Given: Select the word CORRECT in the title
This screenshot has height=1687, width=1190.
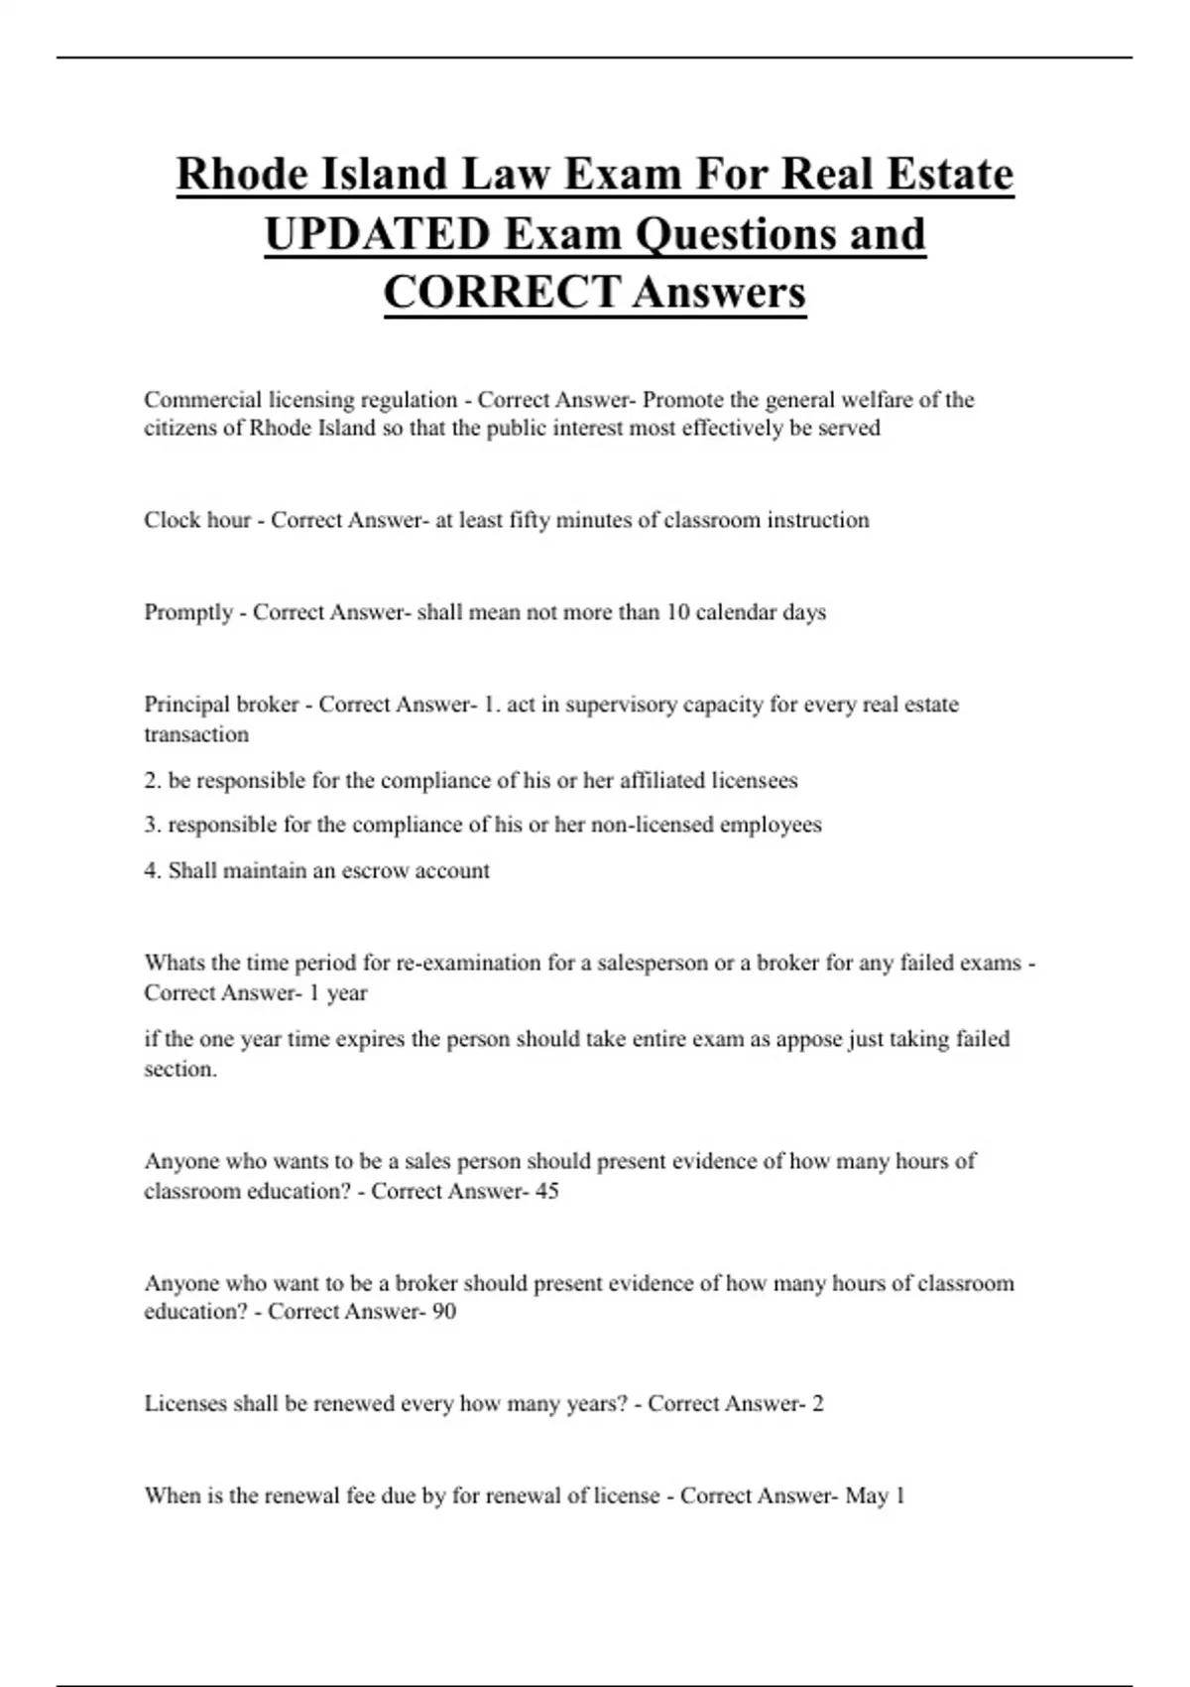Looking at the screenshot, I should (x=502, y=292).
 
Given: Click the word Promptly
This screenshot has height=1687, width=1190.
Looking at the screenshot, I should (x=189, y=612).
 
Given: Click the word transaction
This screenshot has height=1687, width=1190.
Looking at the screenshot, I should (x=196, y=734).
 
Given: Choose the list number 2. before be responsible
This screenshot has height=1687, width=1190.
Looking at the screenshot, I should (x=153, y=781).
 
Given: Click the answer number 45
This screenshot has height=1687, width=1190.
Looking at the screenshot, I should (x=547, y=1191).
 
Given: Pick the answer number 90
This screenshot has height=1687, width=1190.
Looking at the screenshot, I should (x=444, y=1311).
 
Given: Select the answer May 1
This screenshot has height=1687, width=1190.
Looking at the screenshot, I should (x=875, y=1495).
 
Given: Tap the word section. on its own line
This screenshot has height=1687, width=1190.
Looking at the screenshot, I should (x=180, y=1069).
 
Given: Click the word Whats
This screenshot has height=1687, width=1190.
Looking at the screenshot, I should (x=173, y=963).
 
